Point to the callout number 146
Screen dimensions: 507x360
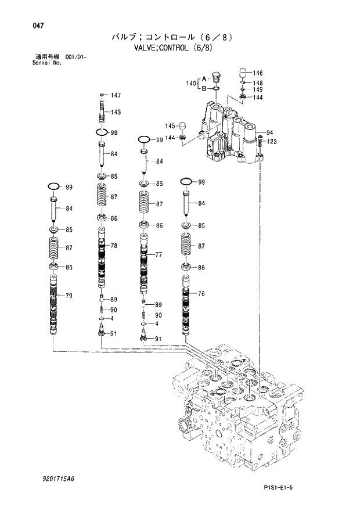coord(258,73)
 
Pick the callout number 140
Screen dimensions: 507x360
coord(191,84)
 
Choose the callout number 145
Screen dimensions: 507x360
coord(170,126)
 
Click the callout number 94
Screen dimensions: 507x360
coord(270,132)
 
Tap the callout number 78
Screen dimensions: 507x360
coord(114,246)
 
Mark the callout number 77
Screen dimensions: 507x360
coord(159,254)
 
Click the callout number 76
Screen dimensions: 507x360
coord(201,294)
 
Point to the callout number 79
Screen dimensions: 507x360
coord(69,296)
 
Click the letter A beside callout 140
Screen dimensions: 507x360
coord(204,78)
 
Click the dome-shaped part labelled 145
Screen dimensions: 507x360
coord(182,125)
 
